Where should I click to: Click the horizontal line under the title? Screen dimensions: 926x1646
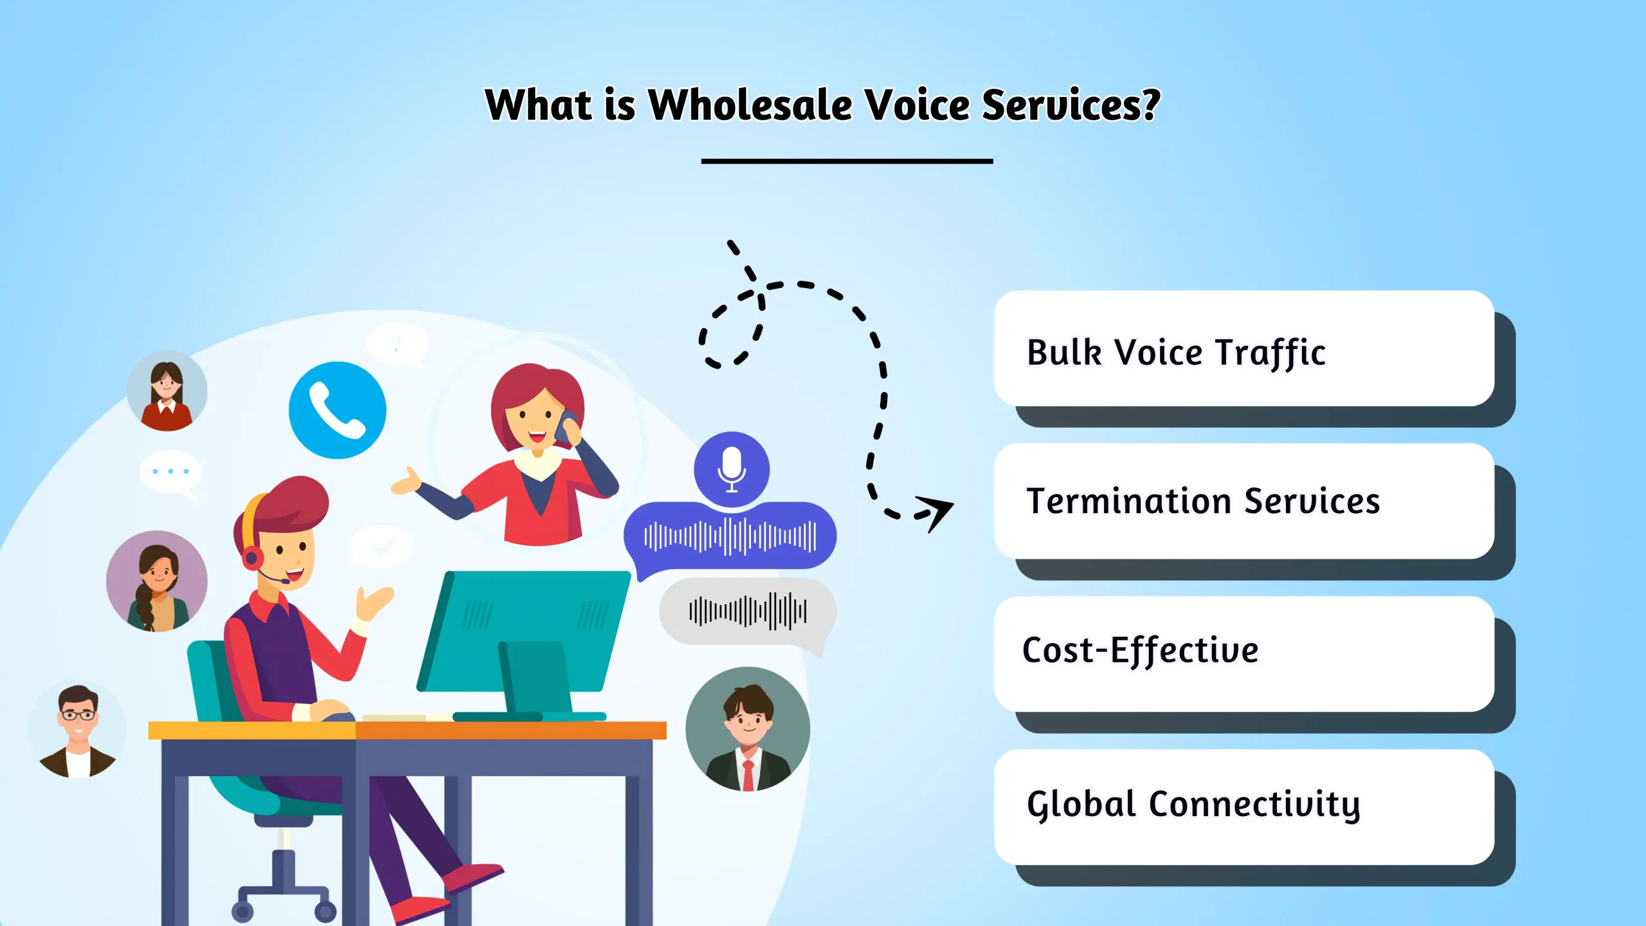[x=847, y=161]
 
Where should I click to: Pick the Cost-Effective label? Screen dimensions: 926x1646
[x=1140, y=650]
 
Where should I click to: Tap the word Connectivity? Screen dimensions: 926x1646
[x=1254, y=804]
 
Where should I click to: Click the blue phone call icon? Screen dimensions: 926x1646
[x=337, y=410]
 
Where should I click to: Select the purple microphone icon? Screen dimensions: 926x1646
[x=732, y=468]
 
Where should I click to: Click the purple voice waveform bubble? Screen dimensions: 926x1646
[x=730, y=536]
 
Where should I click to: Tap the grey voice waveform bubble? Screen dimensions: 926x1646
[x=748, y=612]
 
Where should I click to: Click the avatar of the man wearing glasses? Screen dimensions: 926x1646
[x=78, y=730]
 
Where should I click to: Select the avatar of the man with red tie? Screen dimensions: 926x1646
[x=748, y=729]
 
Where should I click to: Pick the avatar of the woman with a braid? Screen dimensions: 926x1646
[x=156, y=581]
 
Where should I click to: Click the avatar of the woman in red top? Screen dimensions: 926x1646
[x=167, y=391]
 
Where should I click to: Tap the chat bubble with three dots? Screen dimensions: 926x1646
[x=170, y=473]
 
